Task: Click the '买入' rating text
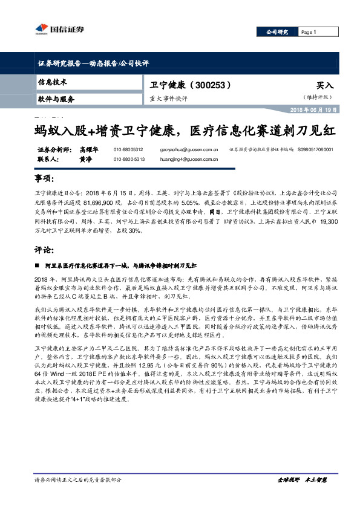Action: (x=324, y=86)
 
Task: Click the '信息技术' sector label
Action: (x=53, y=82)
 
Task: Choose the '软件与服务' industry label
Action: (x=56, y=98)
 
